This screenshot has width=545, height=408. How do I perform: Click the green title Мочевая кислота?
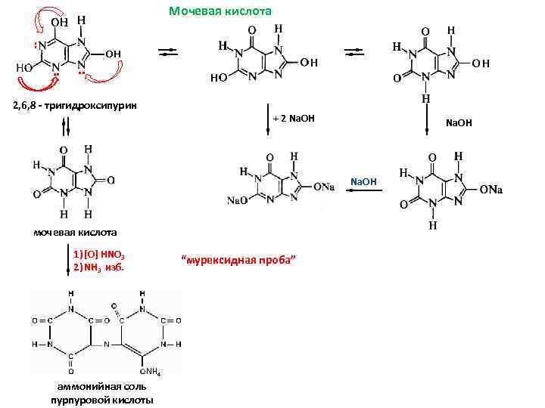pyautogui.click(x=220, y=11)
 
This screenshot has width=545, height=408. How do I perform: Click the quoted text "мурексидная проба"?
pyautogui.click(x=238, y=261)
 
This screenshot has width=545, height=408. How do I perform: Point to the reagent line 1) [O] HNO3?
pyautogui.click(x=104, y=253)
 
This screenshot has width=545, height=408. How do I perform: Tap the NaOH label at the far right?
pyautogui.click(x=459, y=121)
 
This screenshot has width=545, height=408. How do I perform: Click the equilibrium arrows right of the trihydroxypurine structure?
pyautogui.click(x=169, y=52)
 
